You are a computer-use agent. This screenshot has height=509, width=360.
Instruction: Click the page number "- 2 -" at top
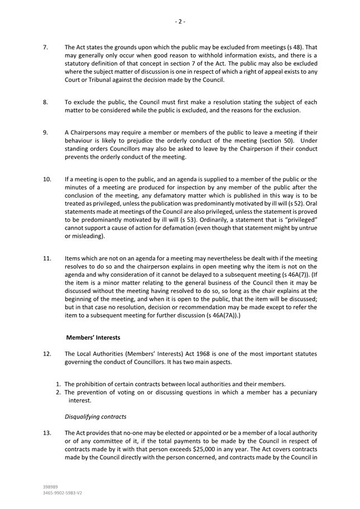coord(180,22)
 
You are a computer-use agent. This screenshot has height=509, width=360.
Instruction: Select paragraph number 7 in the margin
coord(46,48)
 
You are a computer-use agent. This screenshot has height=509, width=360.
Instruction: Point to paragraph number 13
coord(47,434)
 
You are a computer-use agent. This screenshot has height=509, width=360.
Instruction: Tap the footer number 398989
coord(51,487)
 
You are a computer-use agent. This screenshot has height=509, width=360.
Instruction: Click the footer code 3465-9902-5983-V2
coord(63,493)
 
